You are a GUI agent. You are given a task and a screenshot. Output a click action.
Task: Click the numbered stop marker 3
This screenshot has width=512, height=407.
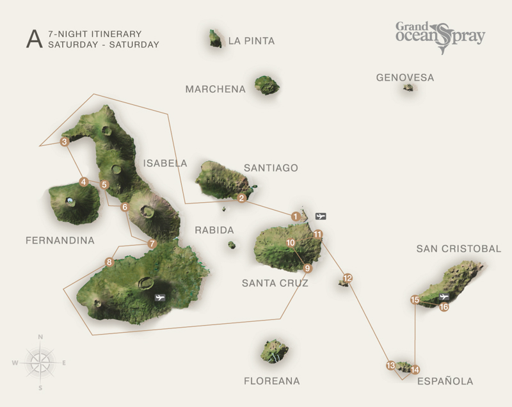tap(64, 142)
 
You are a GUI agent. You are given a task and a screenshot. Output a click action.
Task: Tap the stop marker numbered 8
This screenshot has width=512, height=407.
tap(109, 262)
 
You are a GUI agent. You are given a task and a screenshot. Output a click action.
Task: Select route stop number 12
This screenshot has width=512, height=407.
tap(348, 278)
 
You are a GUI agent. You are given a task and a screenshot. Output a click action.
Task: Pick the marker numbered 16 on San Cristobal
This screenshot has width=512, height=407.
tap(444, 307)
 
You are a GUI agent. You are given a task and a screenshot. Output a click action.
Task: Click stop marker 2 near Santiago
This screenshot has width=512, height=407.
tap(242, 198)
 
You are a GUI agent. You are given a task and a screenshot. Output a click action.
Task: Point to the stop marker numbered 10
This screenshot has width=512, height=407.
tap(291, 243)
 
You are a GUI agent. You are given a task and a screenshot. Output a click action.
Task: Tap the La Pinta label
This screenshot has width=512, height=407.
tap(251, 41)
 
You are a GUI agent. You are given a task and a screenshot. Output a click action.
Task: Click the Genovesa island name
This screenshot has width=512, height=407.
tap(404, 78)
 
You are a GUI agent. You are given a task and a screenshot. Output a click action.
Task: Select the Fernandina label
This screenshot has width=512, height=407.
tap(60, 241)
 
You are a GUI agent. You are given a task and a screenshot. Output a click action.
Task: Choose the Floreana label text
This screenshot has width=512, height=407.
tap(271, 381)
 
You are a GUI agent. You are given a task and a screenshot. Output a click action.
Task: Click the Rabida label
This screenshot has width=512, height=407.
tap(214, 230)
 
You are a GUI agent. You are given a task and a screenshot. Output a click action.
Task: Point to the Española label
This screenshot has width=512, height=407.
tap(445, 381)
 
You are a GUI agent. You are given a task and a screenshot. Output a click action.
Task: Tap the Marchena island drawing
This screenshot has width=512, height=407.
tap(266, 84)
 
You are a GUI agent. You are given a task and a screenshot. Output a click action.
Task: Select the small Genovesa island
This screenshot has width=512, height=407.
tap(408, 88)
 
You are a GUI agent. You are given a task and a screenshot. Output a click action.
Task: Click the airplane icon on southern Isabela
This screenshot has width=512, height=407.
tap(159, 298)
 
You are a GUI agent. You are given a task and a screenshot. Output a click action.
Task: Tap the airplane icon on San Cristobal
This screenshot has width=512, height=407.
tap(444, 297)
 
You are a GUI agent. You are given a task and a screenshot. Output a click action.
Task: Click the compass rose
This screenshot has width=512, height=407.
tap(40, 362)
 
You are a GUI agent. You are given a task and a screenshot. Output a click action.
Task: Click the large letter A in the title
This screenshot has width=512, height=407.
tap(33, 38)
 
